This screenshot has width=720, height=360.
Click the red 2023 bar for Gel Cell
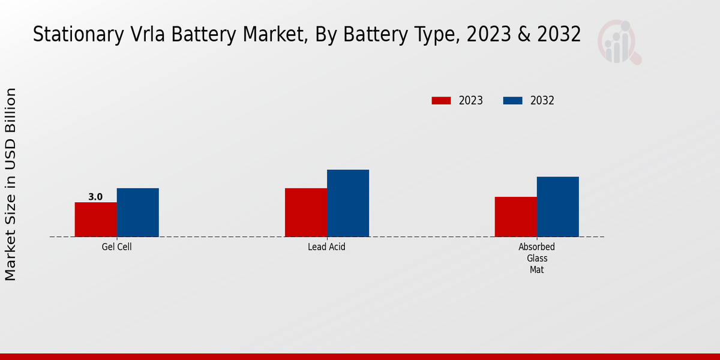point(95,220)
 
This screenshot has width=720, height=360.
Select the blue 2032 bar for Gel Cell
point(137,212)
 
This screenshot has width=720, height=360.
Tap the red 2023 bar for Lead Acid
point(306,212)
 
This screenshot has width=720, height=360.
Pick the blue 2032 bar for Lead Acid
point(348,203)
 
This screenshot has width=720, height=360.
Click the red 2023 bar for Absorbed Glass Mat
point(516,217)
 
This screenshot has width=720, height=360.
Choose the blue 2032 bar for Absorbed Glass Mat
point(558,206)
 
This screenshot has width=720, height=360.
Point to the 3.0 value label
point(95,197)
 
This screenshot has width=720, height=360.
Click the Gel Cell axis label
point(116,247)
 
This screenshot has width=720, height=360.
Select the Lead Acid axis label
point(326,247)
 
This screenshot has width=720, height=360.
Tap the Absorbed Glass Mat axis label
point(536,258)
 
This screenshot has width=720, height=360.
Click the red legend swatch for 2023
point(441,101)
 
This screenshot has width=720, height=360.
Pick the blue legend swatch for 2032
point(512,101)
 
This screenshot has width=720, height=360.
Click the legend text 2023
point(471,101)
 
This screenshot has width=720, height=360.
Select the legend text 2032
point(542,101)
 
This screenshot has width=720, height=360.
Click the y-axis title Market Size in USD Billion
point(11,184)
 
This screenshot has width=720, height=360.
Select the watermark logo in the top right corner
point(619,42)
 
